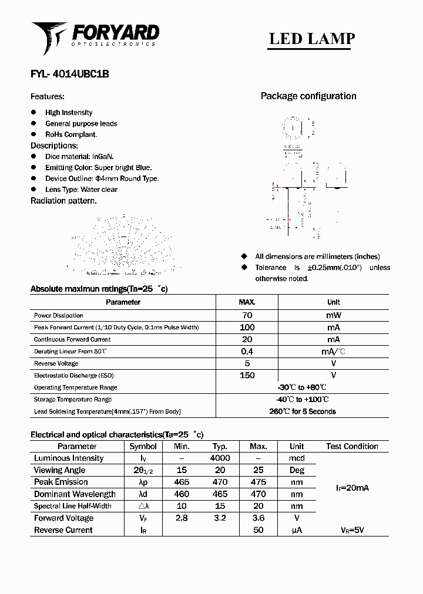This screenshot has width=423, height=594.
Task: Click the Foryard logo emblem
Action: point(49,36)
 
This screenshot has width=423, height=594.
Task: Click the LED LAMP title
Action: point(311,39)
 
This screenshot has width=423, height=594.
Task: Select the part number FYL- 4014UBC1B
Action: point(69,75)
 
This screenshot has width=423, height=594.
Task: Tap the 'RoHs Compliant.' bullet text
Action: point(71,134)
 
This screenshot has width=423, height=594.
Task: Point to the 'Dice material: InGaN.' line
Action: point(79,157)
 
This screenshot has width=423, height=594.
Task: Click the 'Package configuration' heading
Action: point(308,96)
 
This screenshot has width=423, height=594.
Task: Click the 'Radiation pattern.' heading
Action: point(63,201)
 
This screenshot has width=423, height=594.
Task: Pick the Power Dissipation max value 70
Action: point(247,315)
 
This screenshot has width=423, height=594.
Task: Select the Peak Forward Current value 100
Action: point(247,328)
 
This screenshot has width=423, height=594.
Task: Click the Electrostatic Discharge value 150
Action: point(247,375)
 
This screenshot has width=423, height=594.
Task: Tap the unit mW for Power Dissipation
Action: point(333,315)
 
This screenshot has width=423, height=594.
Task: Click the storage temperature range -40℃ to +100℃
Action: point(302,399)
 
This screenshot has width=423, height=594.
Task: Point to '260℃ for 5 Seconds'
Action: point(302,411)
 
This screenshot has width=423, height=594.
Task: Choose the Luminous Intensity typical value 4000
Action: point(220,458)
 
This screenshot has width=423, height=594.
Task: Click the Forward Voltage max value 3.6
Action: point(258,518)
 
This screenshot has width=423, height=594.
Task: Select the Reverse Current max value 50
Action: point(258,530)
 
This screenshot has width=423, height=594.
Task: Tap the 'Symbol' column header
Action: point(143,447)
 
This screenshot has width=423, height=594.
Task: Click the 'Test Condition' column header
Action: point(352,447)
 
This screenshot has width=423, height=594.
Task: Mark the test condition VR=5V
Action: point(352,530)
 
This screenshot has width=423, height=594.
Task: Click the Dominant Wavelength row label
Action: point(75,494)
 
